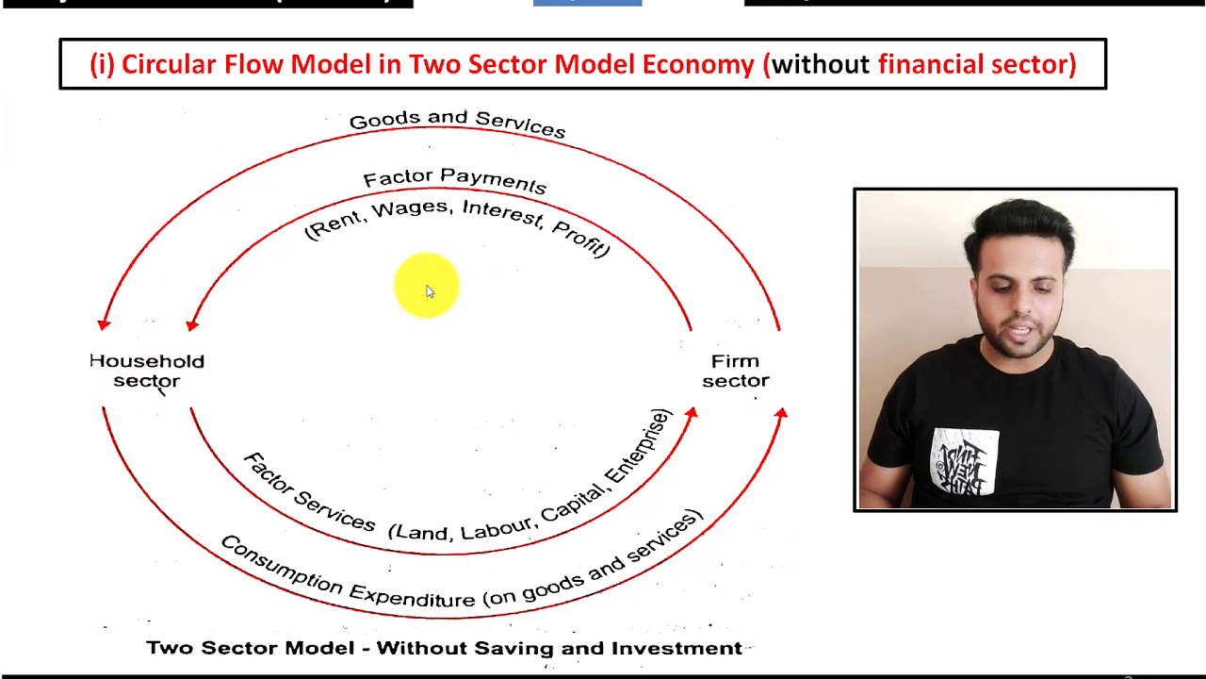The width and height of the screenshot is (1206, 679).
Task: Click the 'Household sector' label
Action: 146,371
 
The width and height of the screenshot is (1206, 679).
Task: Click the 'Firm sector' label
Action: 735,371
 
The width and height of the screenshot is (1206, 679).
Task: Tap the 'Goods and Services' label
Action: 457,123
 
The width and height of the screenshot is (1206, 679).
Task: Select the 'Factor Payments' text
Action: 454,179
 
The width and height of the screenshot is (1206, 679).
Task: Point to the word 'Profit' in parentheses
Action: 580,240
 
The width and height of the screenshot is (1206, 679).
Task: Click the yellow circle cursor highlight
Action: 426,285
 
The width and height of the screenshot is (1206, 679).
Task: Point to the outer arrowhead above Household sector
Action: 104,324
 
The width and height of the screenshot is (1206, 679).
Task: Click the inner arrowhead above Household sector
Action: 192,324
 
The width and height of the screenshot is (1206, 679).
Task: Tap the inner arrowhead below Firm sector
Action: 692,414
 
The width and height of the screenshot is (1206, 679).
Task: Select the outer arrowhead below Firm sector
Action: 781,413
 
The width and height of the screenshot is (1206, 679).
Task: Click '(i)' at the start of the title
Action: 102,64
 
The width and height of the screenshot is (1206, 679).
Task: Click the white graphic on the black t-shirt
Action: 966,461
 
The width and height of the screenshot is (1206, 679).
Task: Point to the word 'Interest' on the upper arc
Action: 501,213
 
